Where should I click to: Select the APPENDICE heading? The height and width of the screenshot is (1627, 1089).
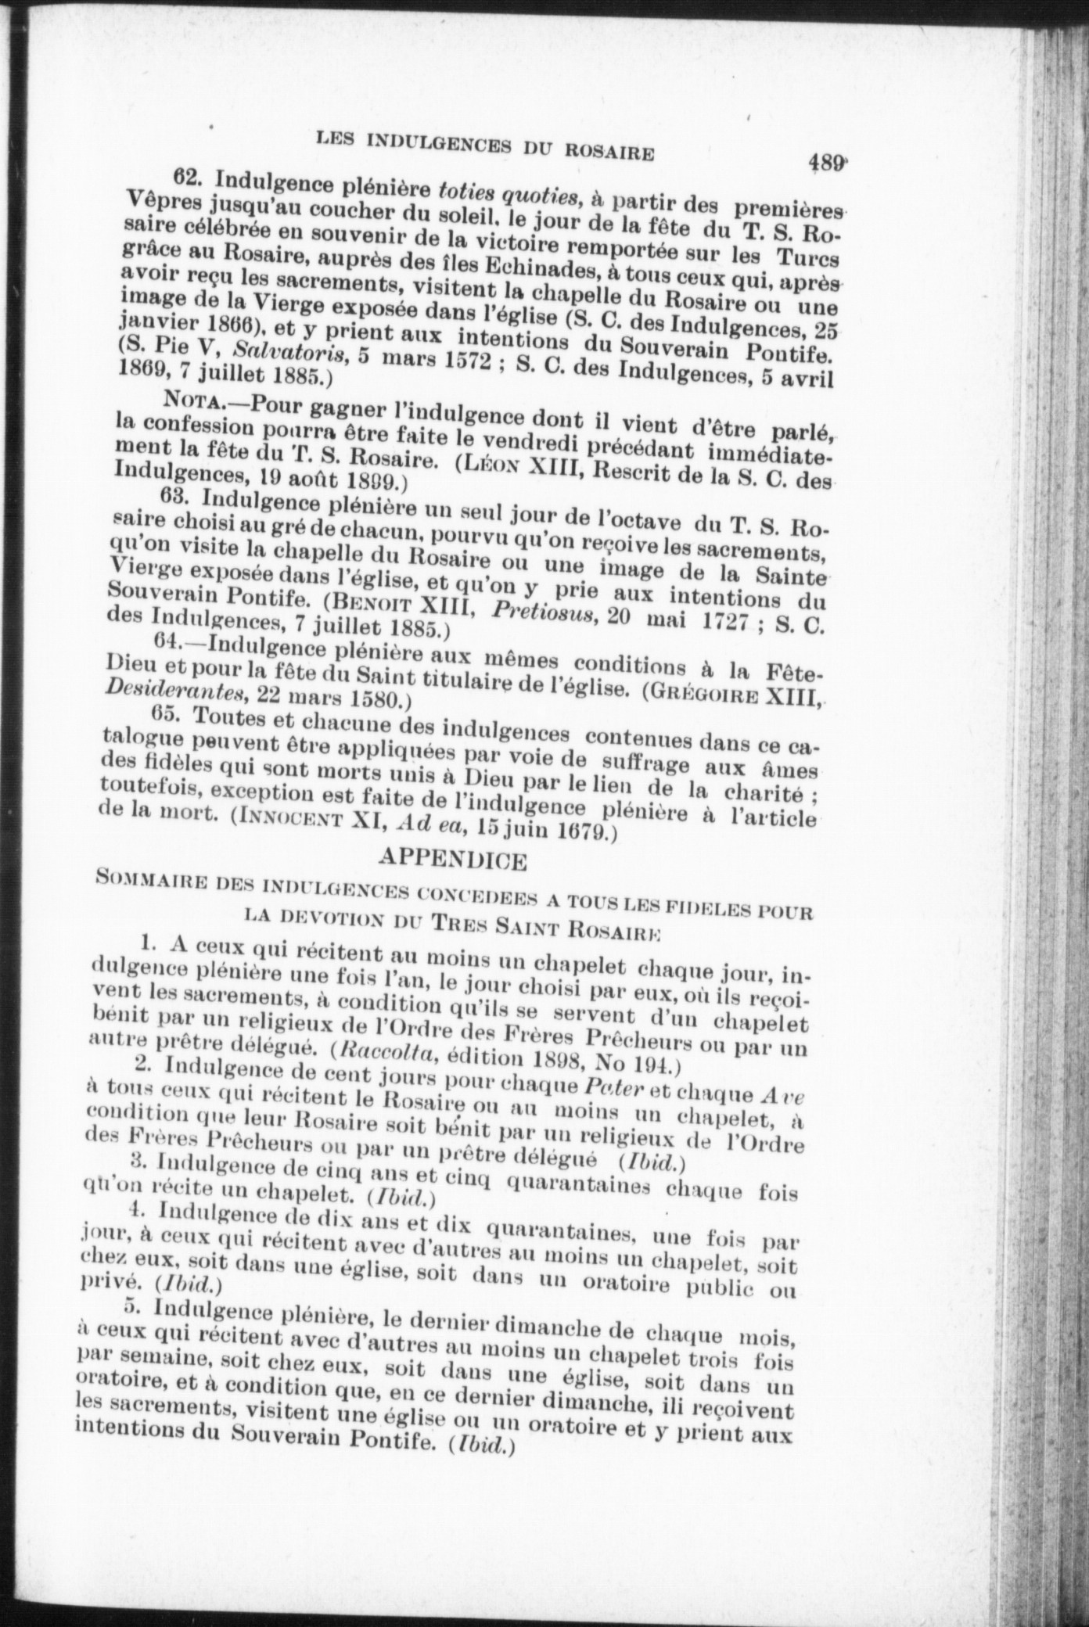coord(451,860)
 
